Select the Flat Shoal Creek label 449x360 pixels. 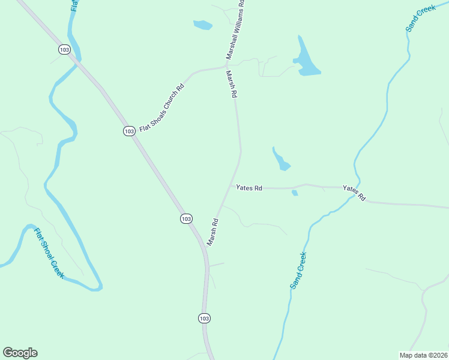click(x=49, y=253)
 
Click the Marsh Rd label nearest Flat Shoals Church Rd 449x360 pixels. click(x=232, y=85)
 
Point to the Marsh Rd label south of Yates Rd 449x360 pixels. click(x=212, y=232)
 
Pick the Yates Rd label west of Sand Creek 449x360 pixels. click(x=249, y=188)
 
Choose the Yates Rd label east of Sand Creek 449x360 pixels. click(x=354, y=193)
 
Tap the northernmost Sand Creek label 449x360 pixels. click(x=420, y=19)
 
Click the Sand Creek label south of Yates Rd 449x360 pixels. click(x=298, y=271)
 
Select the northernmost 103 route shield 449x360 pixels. click(x=64, y=49)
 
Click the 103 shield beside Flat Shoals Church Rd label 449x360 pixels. click(x=129, y=131)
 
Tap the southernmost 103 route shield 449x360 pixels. click(x=204, y=318)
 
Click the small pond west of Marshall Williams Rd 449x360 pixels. click(x=203, y=25)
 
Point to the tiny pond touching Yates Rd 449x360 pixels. click(x=295, y=193)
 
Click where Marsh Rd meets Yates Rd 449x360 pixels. click(x=230, y=187)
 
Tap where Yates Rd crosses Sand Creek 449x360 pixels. click(x=358, y=187)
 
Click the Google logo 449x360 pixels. click(x=20, y=353)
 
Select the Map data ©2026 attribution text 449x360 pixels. click(x=423, y=355)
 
